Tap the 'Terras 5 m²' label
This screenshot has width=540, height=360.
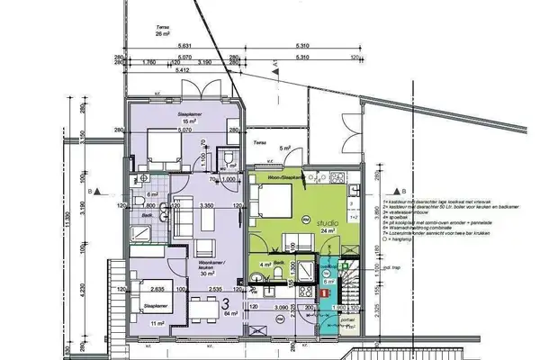pyautogui.click(x=261, y=146)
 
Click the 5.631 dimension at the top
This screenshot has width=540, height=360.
pyautogui.click(x=184, y=48)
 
